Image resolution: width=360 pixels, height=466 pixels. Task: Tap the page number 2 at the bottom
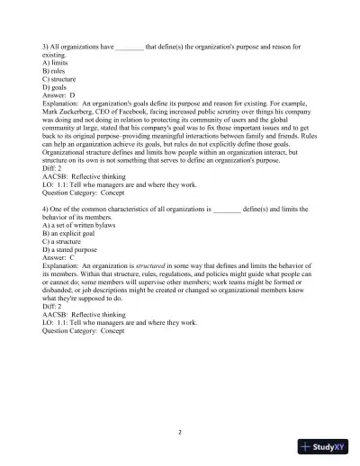pos(180,432)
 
